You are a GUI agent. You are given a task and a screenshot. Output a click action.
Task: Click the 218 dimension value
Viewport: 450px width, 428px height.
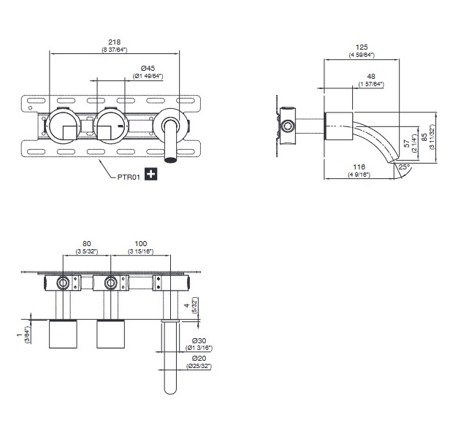pyautogui.click(x=115, y=42)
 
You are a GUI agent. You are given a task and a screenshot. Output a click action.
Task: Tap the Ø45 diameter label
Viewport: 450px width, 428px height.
pyautogui.click(x=148, y=68)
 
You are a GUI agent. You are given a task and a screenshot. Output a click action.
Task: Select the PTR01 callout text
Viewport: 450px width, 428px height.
pyautogui.click(x=129, y=177)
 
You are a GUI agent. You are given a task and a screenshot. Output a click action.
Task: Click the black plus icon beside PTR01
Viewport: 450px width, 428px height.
pyautogui.click(x=151, y=174)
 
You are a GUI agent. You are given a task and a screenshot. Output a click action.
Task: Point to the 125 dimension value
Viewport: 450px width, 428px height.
pyautogui.click(x=362, y=47)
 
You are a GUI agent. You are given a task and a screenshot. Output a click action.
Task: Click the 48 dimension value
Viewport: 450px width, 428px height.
pyautogui.click(x=371, y=76)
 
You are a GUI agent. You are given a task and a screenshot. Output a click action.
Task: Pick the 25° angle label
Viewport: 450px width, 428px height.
pyautogui.click(x=403, y=167)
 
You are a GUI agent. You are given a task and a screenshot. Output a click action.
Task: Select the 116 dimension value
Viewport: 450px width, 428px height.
pyautogui.click(x=359, y=167)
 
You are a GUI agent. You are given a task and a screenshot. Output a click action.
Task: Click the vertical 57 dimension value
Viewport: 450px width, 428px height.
pyautogui.click(x=407, y=143)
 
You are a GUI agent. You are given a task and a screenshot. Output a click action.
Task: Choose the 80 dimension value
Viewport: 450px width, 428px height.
pyautogui.click(x=87, y=243)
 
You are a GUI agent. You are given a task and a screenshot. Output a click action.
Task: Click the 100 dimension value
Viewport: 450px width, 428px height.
pyautogui.click(x=140, y=243)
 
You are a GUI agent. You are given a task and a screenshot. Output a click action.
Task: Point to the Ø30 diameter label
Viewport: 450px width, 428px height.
pyautogui.click(x=199, y=341)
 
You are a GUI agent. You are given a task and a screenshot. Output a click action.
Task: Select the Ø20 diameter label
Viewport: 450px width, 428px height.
pyautogui.click(x=199, y=359)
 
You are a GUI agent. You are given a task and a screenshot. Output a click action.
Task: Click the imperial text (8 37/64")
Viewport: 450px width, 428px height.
pyautogui.click(x=115, y=50)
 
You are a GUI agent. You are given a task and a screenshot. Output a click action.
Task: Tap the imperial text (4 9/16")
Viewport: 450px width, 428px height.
pyautogui.click(x=359, y=175)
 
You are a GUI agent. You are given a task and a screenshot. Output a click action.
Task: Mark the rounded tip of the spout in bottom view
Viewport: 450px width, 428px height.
pyautogui.click(x=170, y=393)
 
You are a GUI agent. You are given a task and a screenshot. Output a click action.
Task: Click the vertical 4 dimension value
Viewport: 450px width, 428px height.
pyautogui.click(x=187, y=305)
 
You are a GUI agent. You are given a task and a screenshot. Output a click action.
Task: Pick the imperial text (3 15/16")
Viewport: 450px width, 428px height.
pyautogui.click(x=140, y=251)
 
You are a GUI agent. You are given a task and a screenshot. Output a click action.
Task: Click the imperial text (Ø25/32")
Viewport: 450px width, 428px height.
pyautogui.click(x=199, y=366)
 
